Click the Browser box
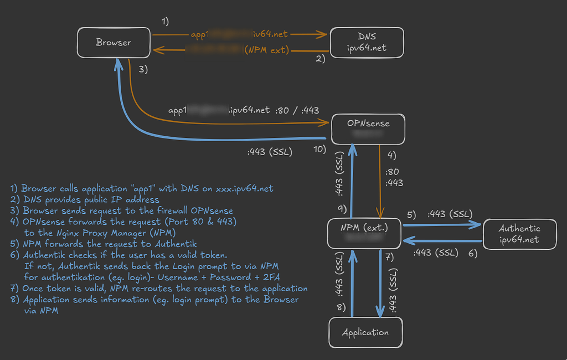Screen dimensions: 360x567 pos(114,42)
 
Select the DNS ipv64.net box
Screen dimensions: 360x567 pos(367,42)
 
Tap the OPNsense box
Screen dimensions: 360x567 pos(368,129)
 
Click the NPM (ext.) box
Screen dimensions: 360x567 pos(364,233)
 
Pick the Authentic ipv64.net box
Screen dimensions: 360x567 pos(519,234)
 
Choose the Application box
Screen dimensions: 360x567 pos(365,332)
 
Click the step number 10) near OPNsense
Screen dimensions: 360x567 pos(320,150)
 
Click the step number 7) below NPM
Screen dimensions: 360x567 pos(390,256)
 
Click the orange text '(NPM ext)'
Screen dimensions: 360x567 pos(267,50)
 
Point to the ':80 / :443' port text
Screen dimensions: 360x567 pos(297,110)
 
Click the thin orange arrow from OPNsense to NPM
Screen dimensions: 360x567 pos(379,183)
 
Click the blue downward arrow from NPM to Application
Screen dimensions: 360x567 pos(380,282)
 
